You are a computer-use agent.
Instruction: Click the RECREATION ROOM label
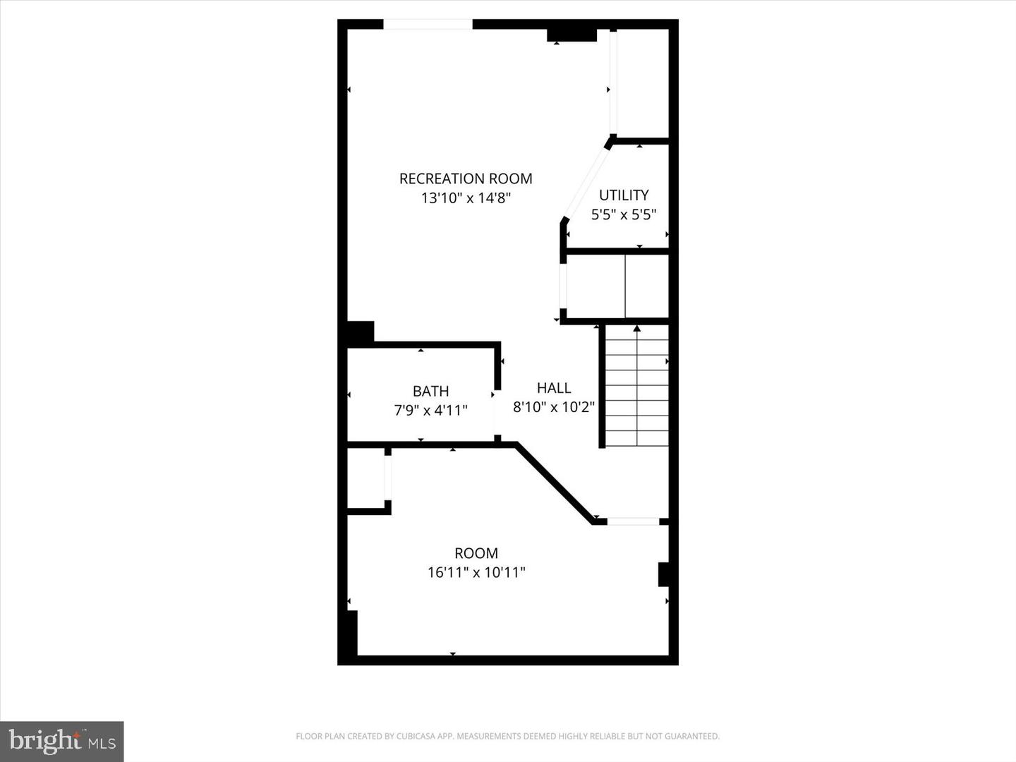pos(466,179)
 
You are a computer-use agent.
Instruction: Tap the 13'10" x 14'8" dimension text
pos(466,198)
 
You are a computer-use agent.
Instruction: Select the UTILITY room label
pos(624,195)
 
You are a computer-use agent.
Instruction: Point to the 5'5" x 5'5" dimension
pos(624,214)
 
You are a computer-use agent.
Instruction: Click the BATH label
pos(430,391)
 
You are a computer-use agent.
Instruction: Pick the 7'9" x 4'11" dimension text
pos(430,410)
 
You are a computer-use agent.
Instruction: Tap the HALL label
pos(554,387)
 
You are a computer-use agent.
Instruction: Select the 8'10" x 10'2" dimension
pos(554,407)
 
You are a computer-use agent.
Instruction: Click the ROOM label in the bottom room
pos(476,553)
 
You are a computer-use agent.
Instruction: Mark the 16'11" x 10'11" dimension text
pos(476,572)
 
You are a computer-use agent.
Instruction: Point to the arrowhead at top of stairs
pos(637,328)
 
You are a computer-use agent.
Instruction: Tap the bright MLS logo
pos(62,741)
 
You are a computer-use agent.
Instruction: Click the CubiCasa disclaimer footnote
pos(507,737)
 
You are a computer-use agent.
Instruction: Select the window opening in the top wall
pos(428,25)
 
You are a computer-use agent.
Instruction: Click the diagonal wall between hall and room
pos(554,483)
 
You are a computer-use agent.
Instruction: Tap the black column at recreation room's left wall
pos(360,333)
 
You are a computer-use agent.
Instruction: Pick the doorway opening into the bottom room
pos(633,521)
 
